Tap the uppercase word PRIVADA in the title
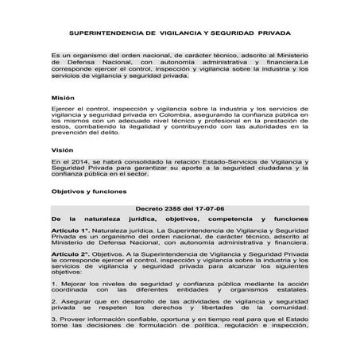(271, 35)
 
